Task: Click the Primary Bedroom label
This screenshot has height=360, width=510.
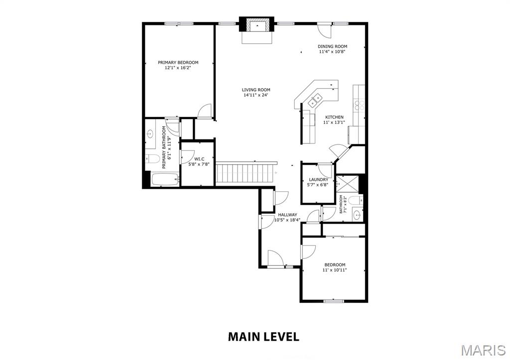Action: point(178,62)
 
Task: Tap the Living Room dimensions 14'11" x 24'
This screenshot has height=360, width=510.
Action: point(256,95)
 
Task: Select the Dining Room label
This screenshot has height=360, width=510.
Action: point(332,46)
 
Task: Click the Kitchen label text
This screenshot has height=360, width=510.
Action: point(334,117)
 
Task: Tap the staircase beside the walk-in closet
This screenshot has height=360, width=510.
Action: point(246,173)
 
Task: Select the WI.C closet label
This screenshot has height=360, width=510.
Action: point(199,159)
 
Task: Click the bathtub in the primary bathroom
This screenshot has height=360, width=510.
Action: point(165,179)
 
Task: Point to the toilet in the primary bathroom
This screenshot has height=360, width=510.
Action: point(152,159)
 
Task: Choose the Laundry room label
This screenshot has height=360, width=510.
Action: point(318,180)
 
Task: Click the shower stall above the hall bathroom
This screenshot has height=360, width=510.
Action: point(347,184)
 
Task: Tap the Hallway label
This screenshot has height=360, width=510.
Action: point(287,215)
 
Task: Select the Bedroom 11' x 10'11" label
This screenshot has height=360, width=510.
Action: point(334,267)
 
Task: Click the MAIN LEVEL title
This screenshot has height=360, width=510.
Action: point(263,337)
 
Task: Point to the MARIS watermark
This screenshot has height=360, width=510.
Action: point(483,350)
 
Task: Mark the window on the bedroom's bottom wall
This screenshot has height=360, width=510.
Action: point(334,301)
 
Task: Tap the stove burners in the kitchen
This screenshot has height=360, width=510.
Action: point(360,105)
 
